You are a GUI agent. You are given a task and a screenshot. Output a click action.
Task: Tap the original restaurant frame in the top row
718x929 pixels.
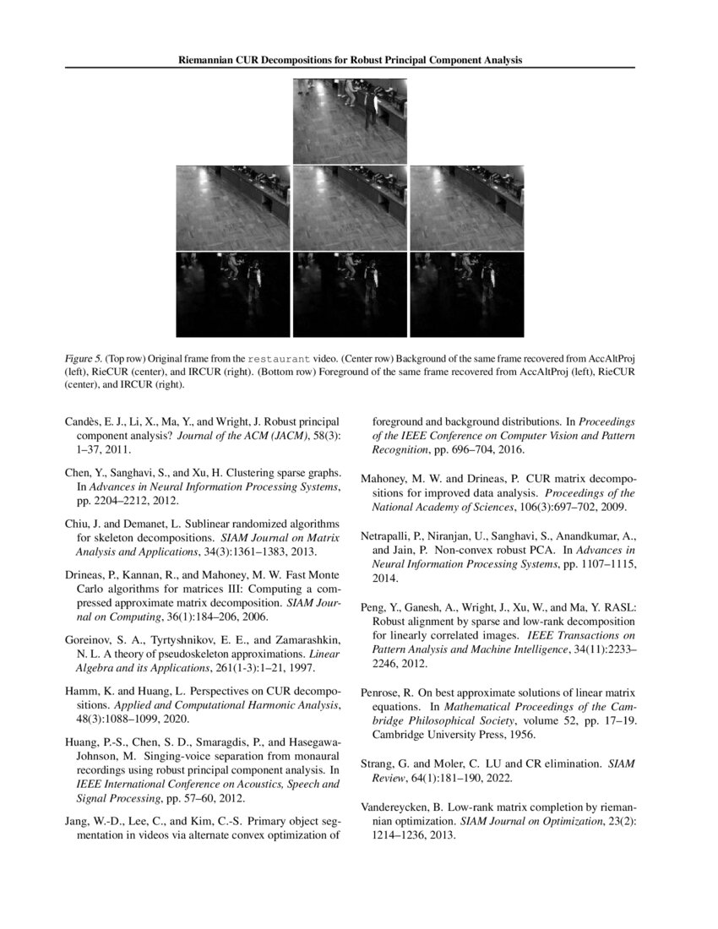click(350, 121)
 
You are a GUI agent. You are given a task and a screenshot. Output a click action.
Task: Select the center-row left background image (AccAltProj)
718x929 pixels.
click(232, 208)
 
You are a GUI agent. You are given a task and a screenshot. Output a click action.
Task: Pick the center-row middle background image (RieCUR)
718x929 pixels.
click(350, 208)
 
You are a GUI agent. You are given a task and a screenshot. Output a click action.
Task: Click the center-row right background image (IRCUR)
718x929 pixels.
click(466, 208)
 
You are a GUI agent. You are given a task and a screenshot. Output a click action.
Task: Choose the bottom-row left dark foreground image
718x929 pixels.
click(232, 294)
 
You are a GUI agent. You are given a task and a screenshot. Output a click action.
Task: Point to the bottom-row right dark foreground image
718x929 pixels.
click(466, 294)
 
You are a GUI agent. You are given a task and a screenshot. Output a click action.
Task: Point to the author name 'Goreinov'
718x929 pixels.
click(90, 640)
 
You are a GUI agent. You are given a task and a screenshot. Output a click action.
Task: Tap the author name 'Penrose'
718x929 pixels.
click(383, 692)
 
